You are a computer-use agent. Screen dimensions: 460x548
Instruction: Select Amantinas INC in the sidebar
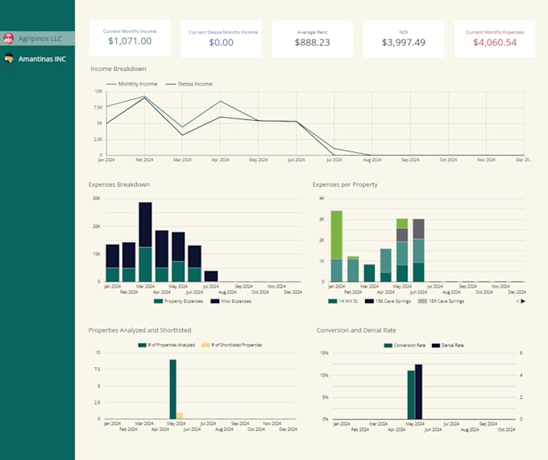pyautogui.click(x=42, y=59)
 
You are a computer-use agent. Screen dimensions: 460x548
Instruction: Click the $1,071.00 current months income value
pyautogui.click(x=130, y=41)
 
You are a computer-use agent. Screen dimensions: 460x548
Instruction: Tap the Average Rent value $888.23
pyautogui.click(x=312, y=43)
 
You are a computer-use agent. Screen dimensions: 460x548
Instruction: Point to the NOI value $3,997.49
pyautogui.click(x=403, y=43)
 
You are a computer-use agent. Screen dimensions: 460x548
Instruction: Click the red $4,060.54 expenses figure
pyautogui.click(x=495, y=43)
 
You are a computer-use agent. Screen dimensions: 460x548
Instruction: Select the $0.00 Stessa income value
pyautogui.click(x=222, y=43)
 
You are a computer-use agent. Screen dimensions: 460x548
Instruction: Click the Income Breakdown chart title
pyautogui.click(x=118, y=68)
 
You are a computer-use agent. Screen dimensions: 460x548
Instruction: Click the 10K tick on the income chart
pyautogui.click(x=98, y=92)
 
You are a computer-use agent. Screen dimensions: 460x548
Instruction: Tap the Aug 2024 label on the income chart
pyautogui.click(x=372, y=160)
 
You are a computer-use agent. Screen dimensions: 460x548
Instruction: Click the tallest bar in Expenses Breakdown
pyautogui.click(x=145, y=242)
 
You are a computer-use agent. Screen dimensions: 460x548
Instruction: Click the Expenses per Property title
pyautogui.click(x=345, y=184)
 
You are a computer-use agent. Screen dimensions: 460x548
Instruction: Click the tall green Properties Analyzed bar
pyautogui.click(x=172, y=389)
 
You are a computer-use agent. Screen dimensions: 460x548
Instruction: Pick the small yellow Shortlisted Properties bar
pyautogui.click(x=180, y=416)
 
